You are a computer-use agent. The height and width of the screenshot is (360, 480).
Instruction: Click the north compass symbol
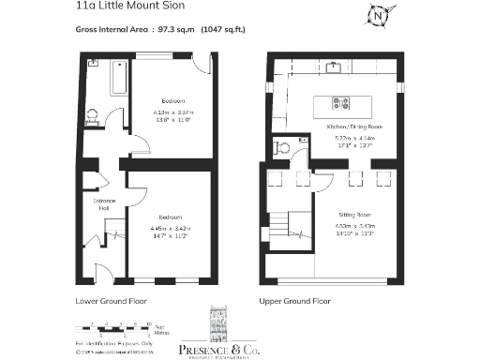click(x=378, y=16)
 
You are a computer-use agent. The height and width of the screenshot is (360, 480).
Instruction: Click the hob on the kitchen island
click(x=340, y=104)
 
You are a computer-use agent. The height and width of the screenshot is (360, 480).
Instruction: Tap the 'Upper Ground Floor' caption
click(x=296, y=301)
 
